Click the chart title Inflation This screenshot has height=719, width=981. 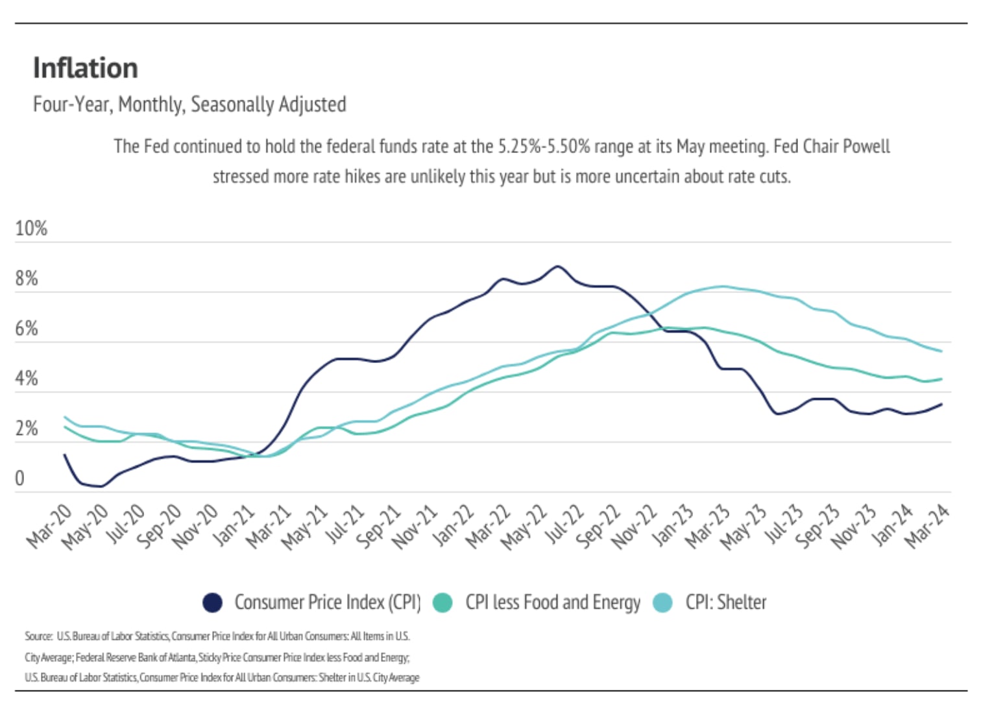pos(85,68)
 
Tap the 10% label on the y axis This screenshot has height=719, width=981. pos(30,229)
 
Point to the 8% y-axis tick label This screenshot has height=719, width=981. pos(27,279)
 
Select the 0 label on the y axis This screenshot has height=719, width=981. pos(19,478)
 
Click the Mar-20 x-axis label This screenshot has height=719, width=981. pos(49,526)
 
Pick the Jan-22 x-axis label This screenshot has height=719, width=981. pos(453,526)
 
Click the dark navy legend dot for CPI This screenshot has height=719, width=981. pos(212,603)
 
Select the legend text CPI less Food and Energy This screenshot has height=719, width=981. pos(552,603)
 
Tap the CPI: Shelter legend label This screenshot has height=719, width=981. pos(725,603)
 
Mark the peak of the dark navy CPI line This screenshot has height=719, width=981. pos(557,266)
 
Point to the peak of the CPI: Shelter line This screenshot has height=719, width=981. pos(722,286)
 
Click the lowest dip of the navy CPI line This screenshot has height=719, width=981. pos(101,486)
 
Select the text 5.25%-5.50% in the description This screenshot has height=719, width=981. pos(544,147)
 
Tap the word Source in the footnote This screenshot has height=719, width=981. pos(38,636)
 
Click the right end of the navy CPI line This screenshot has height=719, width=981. pos(941,405)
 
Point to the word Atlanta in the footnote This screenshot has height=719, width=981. pos(182,657)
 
